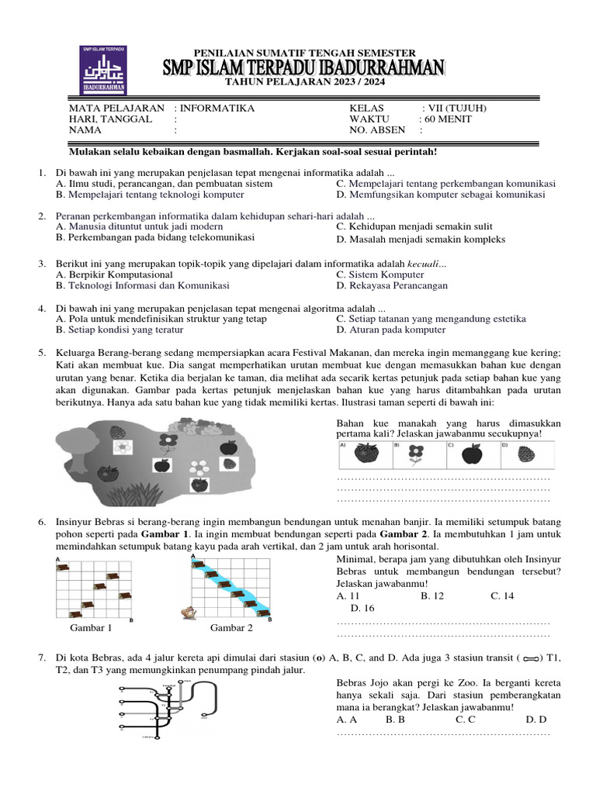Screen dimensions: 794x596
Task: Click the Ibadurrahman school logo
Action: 105,70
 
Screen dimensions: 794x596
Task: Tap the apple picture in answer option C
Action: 471,454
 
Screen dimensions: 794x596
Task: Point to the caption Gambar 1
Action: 92,627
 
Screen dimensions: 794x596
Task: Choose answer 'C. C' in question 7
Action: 466,720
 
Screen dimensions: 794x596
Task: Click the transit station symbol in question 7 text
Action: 532,659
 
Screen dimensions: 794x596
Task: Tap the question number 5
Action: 43,353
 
